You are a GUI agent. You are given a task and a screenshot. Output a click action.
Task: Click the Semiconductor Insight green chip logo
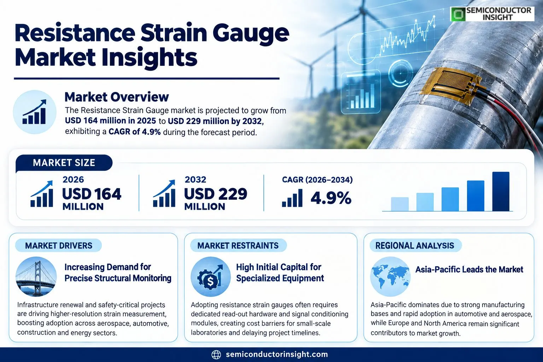pos(458,14)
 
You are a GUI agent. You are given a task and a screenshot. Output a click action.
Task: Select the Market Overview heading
pos(117,97)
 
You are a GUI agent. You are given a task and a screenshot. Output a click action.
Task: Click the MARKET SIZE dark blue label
pos(64,163)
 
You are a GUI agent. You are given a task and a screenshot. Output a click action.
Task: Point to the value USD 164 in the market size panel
pos(92,194)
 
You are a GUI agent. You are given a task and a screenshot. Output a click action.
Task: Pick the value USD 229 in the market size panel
pos(216,194)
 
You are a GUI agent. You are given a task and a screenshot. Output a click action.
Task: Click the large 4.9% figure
pos(331,198)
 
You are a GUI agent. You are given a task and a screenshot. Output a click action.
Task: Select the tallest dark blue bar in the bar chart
pos(501,191)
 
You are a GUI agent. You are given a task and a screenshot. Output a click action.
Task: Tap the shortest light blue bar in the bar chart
pos(400,204)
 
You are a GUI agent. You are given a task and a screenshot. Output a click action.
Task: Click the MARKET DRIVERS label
pos(59,246)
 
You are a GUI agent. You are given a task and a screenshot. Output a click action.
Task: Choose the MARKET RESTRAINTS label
pos(238,246)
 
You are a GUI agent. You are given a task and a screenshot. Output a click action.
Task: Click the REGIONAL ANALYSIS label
pos(415,246)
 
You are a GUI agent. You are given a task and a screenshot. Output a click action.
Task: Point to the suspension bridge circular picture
pos(36,276)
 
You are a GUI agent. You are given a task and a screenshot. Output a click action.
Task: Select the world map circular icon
pos(390,276)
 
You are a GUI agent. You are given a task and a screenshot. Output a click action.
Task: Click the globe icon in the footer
pos(216,355)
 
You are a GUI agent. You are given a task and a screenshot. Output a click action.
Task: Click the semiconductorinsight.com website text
pos(277,354)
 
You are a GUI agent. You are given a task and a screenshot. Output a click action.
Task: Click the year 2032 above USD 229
pos(195,180)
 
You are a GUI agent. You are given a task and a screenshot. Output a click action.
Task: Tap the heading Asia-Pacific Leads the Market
pos(469,269)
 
